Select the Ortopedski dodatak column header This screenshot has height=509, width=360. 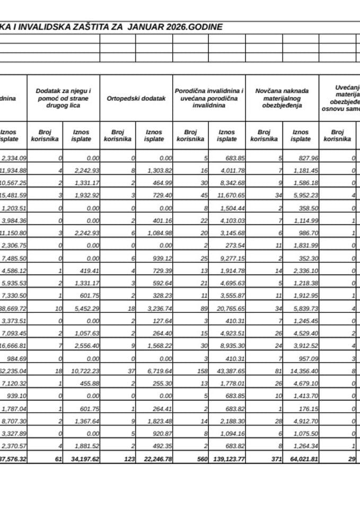[136, 99]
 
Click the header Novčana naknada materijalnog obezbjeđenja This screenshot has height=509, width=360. [282, 98]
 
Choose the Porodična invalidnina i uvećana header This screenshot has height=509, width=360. [209, 98]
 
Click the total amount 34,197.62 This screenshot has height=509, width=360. [85, 459]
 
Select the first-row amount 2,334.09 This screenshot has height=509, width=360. [14, 158]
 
